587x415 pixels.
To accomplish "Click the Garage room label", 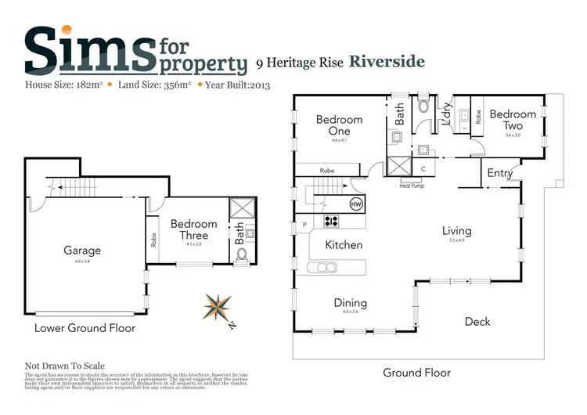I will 81,251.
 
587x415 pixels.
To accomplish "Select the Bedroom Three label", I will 193,229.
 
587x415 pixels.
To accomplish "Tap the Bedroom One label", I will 339,125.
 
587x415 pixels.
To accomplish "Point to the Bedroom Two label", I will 513,120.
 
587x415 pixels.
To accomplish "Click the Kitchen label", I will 344,245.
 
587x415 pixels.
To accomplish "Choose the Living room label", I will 456,231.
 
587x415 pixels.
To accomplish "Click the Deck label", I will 477,321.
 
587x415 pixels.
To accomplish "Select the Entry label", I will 499,173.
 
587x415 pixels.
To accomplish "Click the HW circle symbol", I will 356,204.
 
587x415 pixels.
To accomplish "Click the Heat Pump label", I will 412,186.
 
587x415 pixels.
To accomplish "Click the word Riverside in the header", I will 387,61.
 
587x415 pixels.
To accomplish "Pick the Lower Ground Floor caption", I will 85,328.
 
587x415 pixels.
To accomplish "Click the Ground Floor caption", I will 416,373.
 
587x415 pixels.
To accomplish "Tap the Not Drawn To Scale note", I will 65,366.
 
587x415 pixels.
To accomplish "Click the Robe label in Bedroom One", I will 327,170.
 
